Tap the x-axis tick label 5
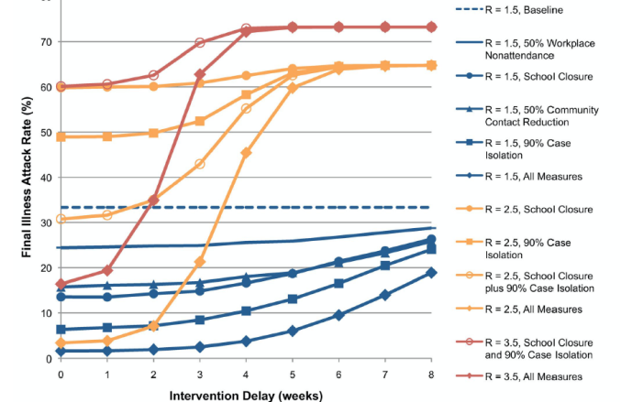coord(293,375)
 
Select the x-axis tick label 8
coord(431,375)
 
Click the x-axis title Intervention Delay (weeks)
coord(245,395)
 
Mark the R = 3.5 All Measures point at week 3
coord(200,74)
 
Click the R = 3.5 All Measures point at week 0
coord(61,284)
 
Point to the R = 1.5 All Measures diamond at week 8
coord(431,272)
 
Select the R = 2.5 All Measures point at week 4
coord(246,152)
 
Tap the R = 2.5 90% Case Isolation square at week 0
coord(61,136)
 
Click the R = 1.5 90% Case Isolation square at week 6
coord(338,283)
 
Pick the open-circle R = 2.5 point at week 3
coord(200,164)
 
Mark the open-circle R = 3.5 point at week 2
coord(153,75)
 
